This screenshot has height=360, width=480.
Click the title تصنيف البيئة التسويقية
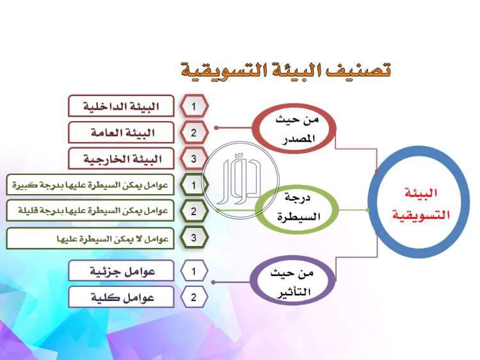tap(285, 69)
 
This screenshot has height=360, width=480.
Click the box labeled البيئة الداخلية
tap(121, 106)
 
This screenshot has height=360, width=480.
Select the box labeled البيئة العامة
tap(121, 133)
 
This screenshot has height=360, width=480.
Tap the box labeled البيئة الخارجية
tap(121, 159)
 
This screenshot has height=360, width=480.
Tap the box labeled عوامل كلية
tap(121, 297)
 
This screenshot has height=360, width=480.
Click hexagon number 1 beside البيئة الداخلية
tap(194, 106)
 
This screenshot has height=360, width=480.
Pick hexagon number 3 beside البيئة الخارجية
tap(194, 159)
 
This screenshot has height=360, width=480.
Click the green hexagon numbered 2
tap(194, 211)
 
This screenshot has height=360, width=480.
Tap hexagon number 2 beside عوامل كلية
tap(194, 297)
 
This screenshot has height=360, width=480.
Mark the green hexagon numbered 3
tap(194, 238)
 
